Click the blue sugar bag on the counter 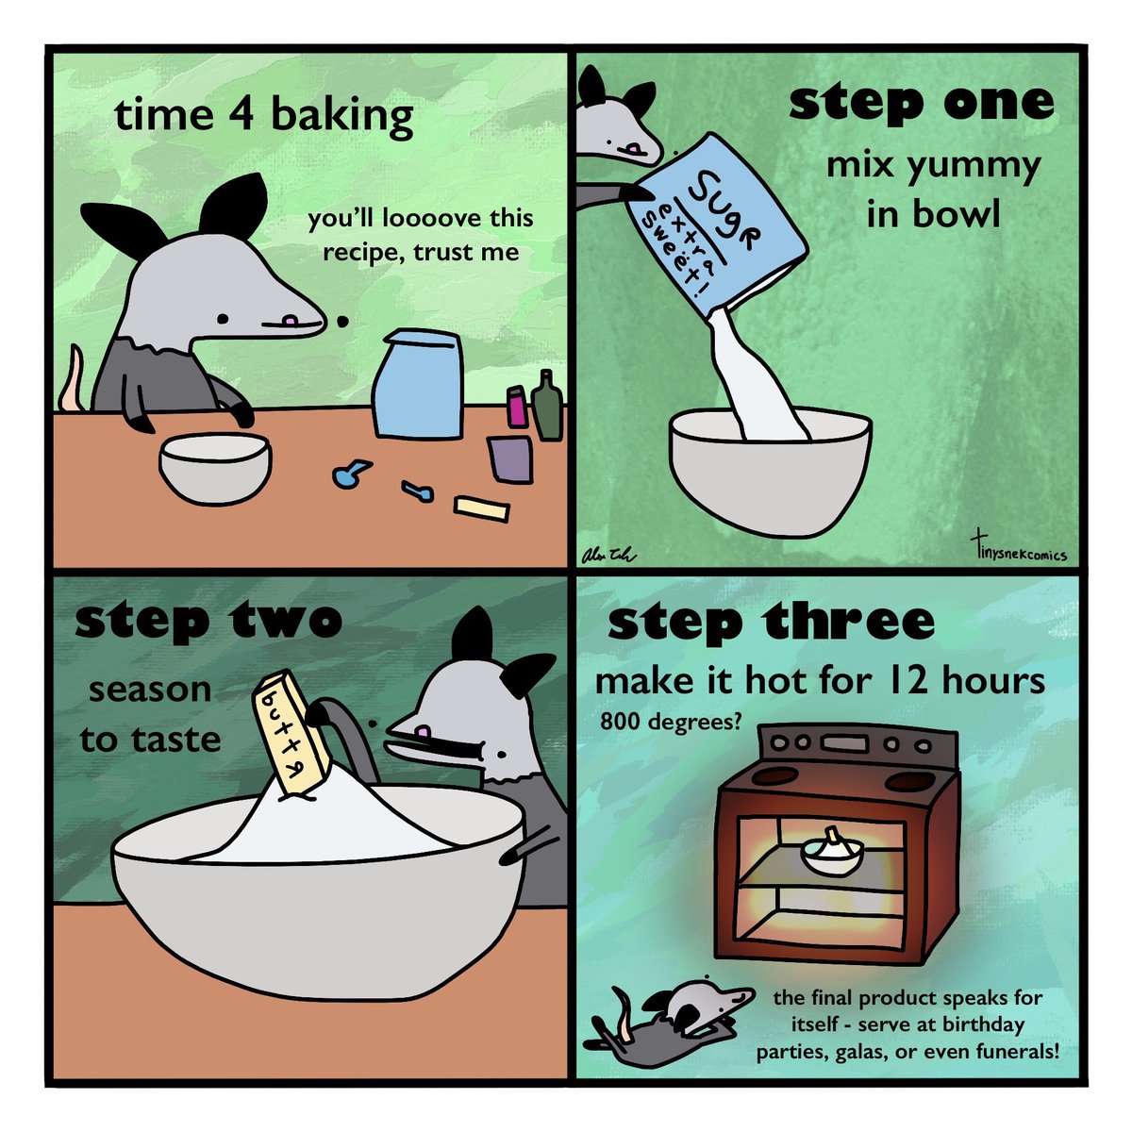point(418,384)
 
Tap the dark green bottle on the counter point(547,407)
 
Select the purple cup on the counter point(510,458)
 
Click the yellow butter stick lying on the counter point(482,508)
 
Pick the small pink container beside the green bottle point(516,407)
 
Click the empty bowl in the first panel point(215,468)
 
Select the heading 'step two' point(208,622)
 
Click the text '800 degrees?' point(671,721)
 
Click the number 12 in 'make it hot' point(908,681)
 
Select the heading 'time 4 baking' point(264,115)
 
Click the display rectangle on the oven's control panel point(846,743)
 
